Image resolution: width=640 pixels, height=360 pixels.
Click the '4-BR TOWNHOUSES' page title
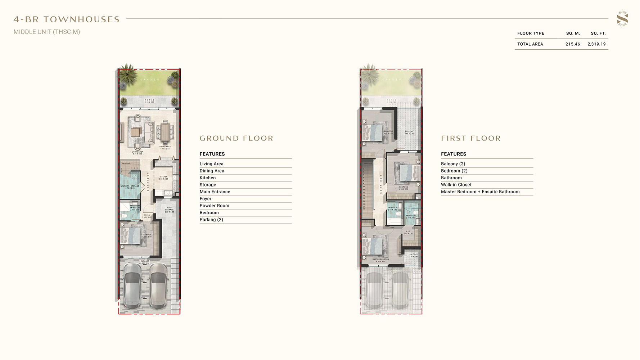click(67, 19)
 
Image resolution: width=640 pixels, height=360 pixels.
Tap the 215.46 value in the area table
click(572, 44)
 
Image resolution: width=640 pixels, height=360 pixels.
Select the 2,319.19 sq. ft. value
click(596, 44)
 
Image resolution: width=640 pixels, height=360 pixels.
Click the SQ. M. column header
click(573, 33)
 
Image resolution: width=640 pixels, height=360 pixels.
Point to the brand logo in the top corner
click(622, 19)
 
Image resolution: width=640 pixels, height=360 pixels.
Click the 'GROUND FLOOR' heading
click(236, 138)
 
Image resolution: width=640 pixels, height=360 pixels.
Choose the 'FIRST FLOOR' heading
click(471, 138)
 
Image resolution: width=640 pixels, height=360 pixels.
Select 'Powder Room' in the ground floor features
click(214, 206)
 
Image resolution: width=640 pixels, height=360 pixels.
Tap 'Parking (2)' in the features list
click(211, 220)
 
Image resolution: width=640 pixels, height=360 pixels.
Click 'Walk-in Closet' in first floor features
click(456, 185)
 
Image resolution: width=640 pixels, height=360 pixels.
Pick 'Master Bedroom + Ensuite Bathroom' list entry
click(480, 192)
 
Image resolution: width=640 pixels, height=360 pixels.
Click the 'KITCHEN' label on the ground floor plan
click(163, 177)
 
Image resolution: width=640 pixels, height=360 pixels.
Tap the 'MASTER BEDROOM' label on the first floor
click(380, 259)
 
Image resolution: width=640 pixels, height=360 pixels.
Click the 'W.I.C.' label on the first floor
click(408, 231)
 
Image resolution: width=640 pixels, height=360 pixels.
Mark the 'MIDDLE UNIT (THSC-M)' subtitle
click(47, 32)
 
